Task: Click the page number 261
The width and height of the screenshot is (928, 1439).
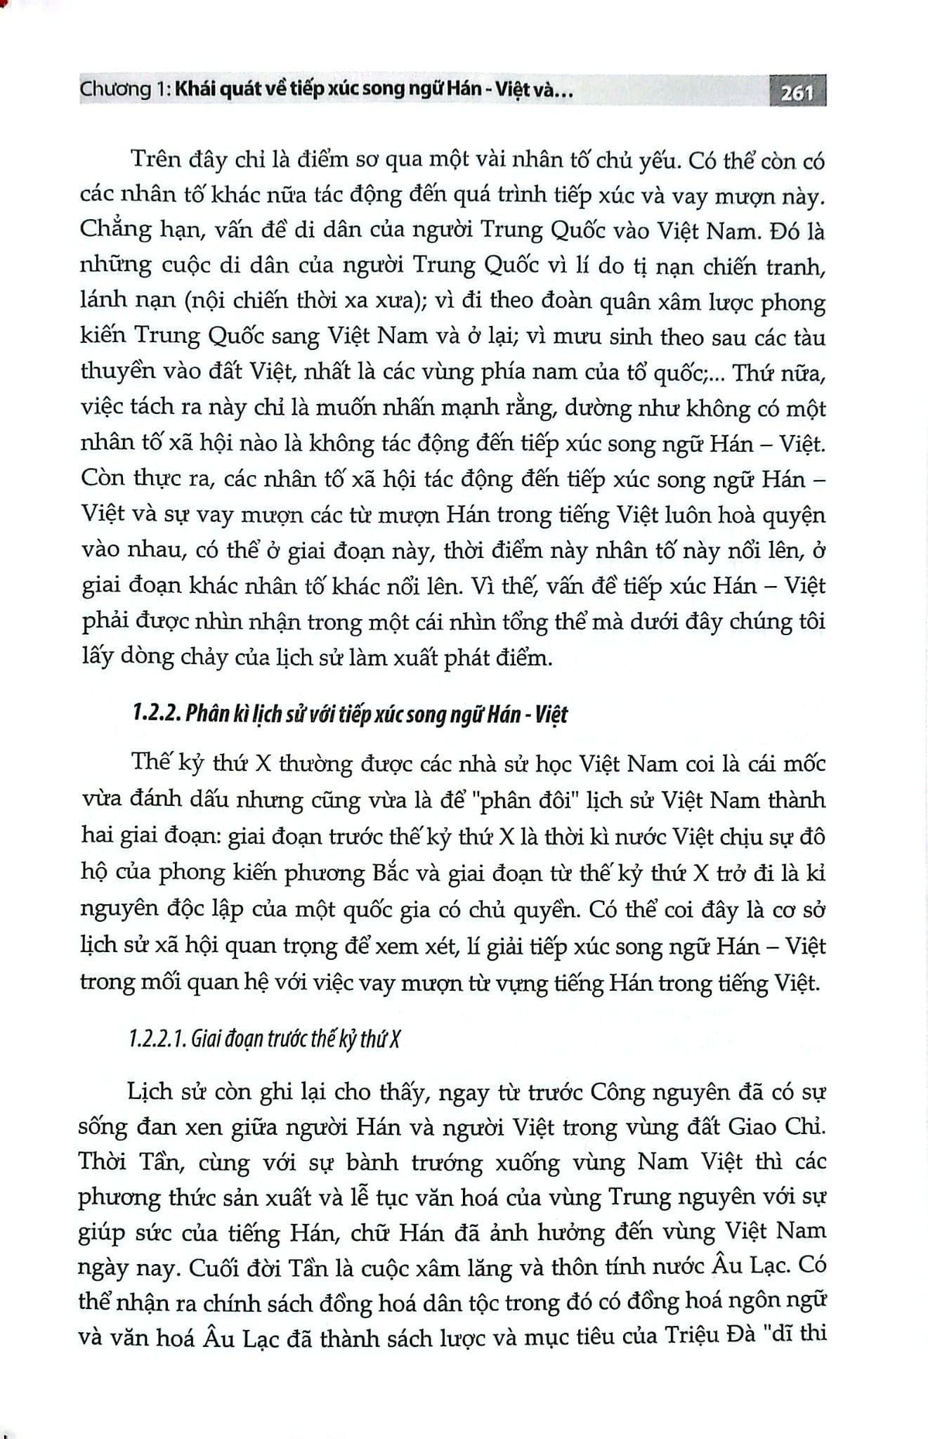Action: pos(797,92)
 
